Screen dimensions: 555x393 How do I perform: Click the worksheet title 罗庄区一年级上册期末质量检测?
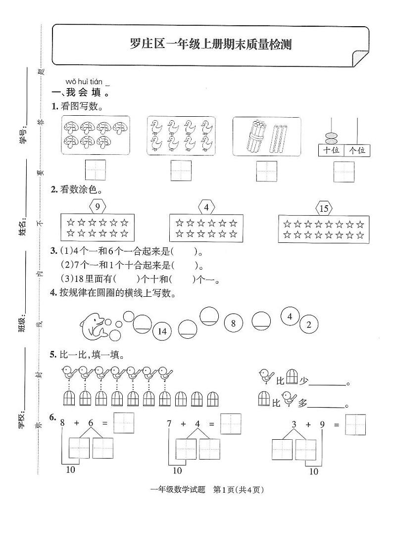point(210,45)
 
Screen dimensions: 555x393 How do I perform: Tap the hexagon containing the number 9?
point(98,206)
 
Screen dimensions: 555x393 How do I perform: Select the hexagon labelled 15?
point(324,208)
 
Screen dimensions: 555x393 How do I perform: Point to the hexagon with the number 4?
point(206,207)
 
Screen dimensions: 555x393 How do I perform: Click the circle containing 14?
point(162,331)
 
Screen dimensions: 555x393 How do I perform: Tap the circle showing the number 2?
point(308,325)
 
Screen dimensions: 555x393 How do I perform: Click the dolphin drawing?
point(94,326)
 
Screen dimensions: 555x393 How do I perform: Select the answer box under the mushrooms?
point(95,170)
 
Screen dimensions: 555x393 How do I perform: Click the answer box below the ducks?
point(181,171)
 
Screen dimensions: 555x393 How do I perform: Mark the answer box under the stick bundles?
point(267,171)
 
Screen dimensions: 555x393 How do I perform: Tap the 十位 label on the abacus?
point(332,150)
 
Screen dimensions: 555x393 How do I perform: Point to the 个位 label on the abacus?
point(357,150)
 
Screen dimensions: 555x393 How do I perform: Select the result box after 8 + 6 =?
point(124,423)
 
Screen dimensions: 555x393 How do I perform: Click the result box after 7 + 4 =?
point(231,423)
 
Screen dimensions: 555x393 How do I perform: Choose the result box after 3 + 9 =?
point(355,424)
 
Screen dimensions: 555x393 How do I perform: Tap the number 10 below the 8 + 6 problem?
point(71,469)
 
